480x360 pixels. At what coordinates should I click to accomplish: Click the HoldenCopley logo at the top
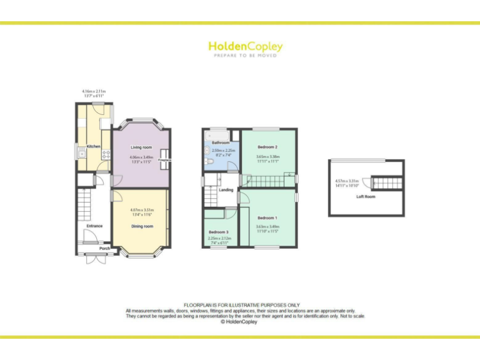245,47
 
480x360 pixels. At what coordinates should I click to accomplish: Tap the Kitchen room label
94,147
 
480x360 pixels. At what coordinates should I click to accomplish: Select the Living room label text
141,147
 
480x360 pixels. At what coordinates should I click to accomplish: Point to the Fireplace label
165,161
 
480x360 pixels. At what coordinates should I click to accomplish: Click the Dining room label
142,226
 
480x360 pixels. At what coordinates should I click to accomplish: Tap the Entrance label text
94,226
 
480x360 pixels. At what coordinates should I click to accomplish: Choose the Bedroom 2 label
267,146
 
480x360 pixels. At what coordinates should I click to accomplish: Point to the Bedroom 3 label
219,232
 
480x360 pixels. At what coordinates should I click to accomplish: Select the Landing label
226,190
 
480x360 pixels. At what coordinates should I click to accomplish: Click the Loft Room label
366,197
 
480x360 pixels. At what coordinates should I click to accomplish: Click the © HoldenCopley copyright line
239,322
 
